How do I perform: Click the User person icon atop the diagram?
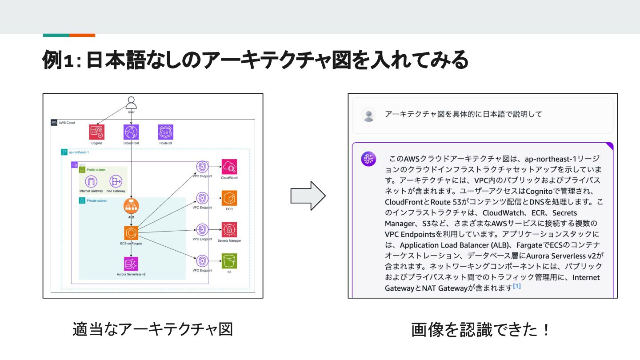click(131, 103)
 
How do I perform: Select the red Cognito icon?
click(97, 132)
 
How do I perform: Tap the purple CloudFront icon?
click(131, 132)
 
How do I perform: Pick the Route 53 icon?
click(165, 132)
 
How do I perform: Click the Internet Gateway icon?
click(91, 181)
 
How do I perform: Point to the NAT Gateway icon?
click(116, 181)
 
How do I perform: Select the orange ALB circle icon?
click(131, 206)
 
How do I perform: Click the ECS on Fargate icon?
click(131, 232)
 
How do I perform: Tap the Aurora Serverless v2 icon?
click(131, 264)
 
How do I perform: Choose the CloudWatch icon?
click(229, 167)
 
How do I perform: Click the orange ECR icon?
click(229, 198)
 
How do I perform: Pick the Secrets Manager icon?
click(229, 230)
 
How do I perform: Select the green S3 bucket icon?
click(229, 261)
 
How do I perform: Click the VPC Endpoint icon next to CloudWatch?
click(202, 167)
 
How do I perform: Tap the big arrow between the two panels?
click(308, 196)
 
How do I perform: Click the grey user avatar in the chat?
click(368, 115)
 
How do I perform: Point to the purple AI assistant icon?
click(368, 159)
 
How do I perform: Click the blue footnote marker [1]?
click(517, 286)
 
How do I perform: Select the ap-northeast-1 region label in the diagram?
click(79, 152)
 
